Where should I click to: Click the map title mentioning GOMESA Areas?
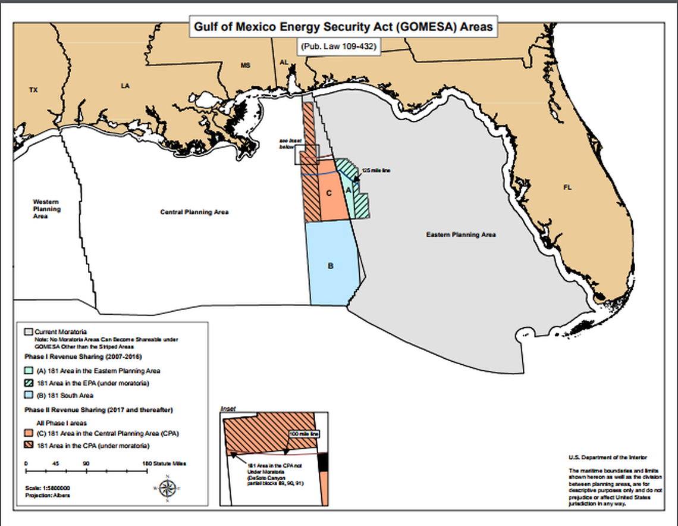coord(343,27)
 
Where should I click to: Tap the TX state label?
coord(33,90)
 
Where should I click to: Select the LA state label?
coord(125,86)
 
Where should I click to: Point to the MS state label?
coord(245,65)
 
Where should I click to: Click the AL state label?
coord(284,62)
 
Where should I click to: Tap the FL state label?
coord(567,187)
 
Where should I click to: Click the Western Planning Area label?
coord(46,209)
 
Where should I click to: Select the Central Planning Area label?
coord(194,212)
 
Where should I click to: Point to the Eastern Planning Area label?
coord(460,234)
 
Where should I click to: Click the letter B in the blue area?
coord(330,266)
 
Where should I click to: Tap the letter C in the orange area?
coord(329,193)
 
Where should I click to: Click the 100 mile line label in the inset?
coord(304,434)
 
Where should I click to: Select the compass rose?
coord(168,488)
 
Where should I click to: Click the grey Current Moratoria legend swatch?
coord(28,331)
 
